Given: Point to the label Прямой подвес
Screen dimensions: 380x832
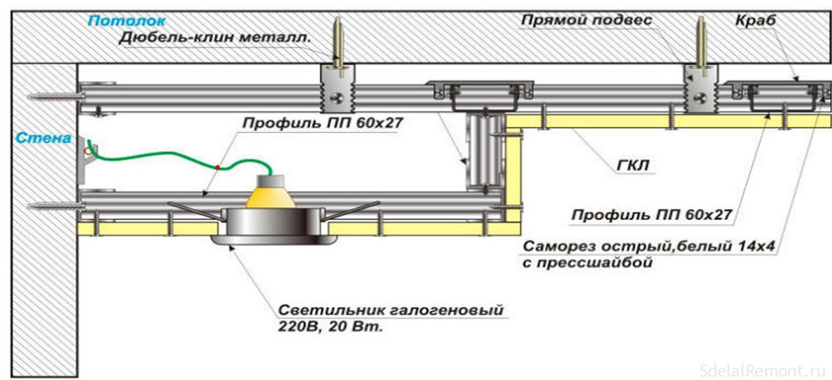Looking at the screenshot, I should click(586, 21).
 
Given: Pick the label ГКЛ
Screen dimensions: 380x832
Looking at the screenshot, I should click(635, 167).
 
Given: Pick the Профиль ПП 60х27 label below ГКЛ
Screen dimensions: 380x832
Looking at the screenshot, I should click(651, 215).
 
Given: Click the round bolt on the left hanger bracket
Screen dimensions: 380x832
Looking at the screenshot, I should click(336, 98).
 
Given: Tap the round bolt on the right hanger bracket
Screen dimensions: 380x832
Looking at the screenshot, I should click(702, 98).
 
